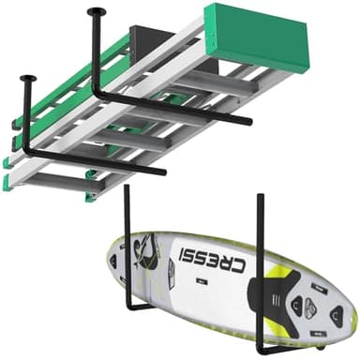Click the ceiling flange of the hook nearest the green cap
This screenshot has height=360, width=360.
click(96, 12)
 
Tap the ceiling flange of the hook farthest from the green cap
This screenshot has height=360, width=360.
click(27, 81)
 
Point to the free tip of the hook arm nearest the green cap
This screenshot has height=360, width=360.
click(247, 122)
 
